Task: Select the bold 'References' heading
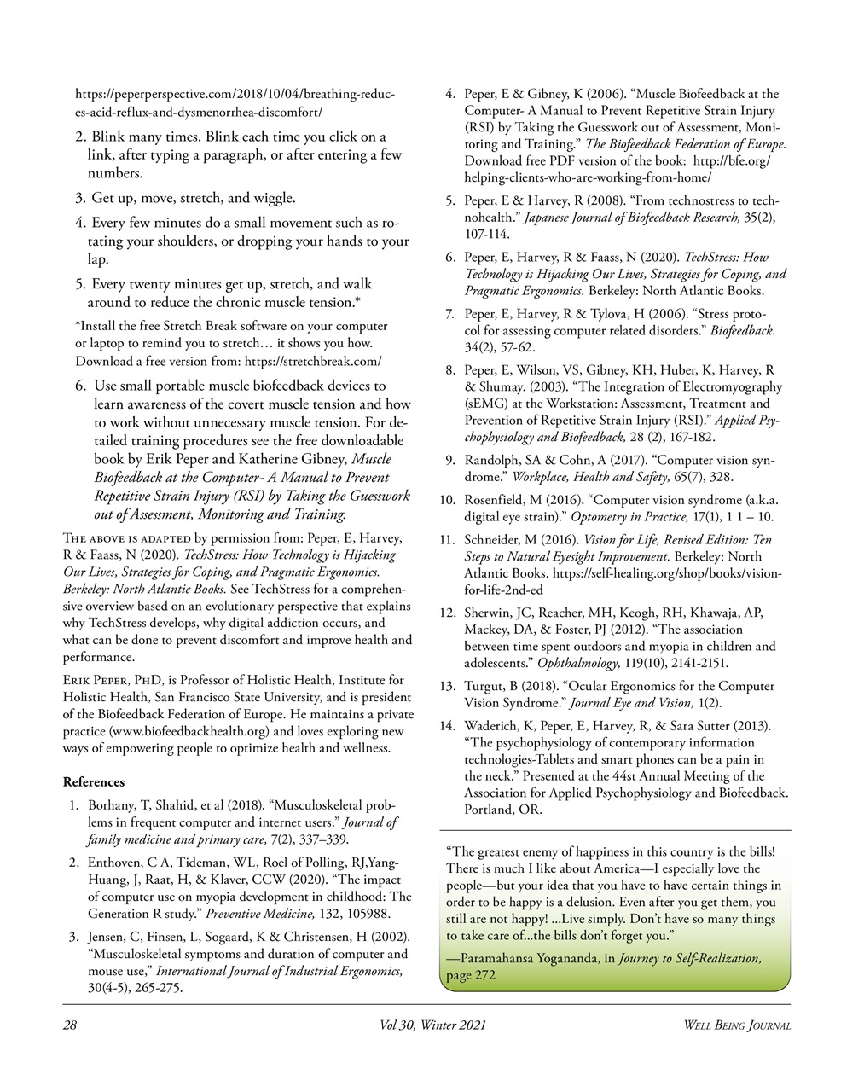pos(94,781)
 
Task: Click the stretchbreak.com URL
pos(313,362)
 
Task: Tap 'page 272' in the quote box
pos(471,975)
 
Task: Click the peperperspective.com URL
pos(235,94)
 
